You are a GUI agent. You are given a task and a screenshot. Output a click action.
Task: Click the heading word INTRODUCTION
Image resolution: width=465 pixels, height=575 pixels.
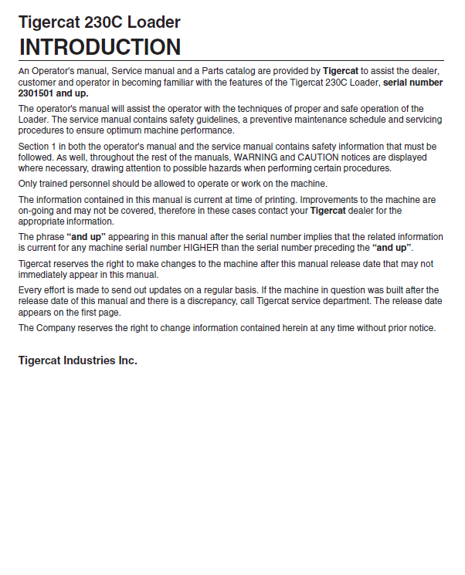tap(100, 47)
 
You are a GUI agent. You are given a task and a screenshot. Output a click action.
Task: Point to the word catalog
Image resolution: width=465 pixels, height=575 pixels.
tap(224, 71)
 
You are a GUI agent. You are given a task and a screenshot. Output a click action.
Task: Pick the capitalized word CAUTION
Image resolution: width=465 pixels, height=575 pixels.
tap(315, 157)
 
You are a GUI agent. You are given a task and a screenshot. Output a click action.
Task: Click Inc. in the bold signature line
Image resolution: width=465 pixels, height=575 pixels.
tap(127, 360)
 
